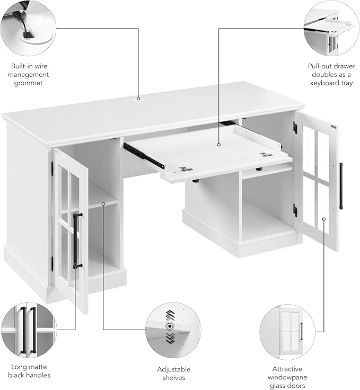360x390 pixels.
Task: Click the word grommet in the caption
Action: coord(28,83)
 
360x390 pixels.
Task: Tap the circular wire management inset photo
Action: coord(28,28)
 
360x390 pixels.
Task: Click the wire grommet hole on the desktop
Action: coord(138,99)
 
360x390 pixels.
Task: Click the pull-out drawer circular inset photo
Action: coord(331,28)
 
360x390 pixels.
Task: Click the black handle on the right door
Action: coord(341,186)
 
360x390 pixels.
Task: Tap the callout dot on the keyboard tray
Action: coord(218,145)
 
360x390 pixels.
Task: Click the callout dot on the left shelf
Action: coord(103,203)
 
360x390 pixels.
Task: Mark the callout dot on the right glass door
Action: coord(323,219)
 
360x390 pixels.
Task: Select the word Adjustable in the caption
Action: coord(174,369)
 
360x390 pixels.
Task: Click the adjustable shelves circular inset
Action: coord(173,330)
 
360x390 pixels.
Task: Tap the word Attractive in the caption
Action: coord(287,369)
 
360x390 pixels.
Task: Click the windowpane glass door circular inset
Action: coord(287,332)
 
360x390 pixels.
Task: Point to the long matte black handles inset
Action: coord(29,330)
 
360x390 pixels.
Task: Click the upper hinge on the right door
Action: coord(295,127)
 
